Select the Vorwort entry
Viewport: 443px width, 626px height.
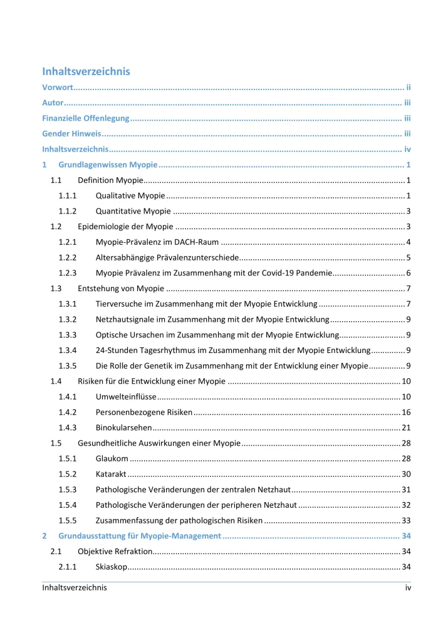pos(58,87)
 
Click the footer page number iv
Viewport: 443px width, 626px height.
pos(407,588)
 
